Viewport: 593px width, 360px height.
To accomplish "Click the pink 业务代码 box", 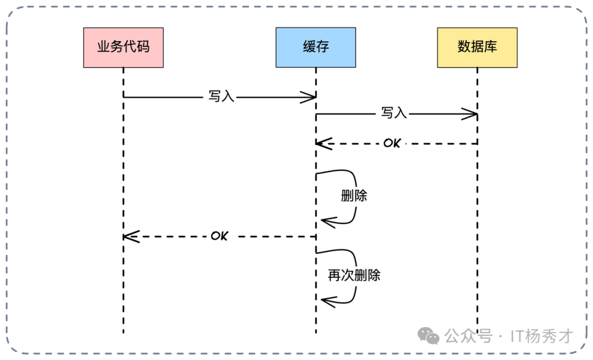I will click(x=124, y=47).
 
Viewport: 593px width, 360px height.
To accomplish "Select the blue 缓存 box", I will click(x=316, y=47).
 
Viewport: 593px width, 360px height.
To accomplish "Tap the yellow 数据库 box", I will click(x=477, y=47).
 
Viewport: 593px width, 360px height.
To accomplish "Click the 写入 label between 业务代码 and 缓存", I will click(x=221, y=97).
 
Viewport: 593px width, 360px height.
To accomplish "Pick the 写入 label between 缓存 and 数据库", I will click(x=394, y=114).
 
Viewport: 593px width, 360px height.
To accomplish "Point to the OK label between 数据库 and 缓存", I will click(x=392, y=143).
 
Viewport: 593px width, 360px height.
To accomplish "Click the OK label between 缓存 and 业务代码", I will click(x=219, y=236).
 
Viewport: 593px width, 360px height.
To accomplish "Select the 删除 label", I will click(x=354, y=196).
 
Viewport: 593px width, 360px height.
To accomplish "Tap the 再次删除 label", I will click(x=354, y=275).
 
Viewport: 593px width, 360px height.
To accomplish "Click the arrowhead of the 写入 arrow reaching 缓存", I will click(x=312, y=97).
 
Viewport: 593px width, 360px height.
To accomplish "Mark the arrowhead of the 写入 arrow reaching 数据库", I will click(x=473, y=114).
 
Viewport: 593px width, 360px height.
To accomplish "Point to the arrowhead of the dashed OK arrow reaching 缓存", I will click(x=321, y=144).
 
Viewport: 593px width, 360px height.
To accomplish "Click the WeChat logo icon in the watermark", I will click(x=428, y=335).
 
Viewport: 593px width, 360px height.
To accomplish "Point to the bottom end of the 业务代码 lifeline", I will click(x=124, y=331).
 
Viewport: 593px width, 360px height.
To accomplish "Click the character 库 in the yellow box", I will click(x=490, y=47).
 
